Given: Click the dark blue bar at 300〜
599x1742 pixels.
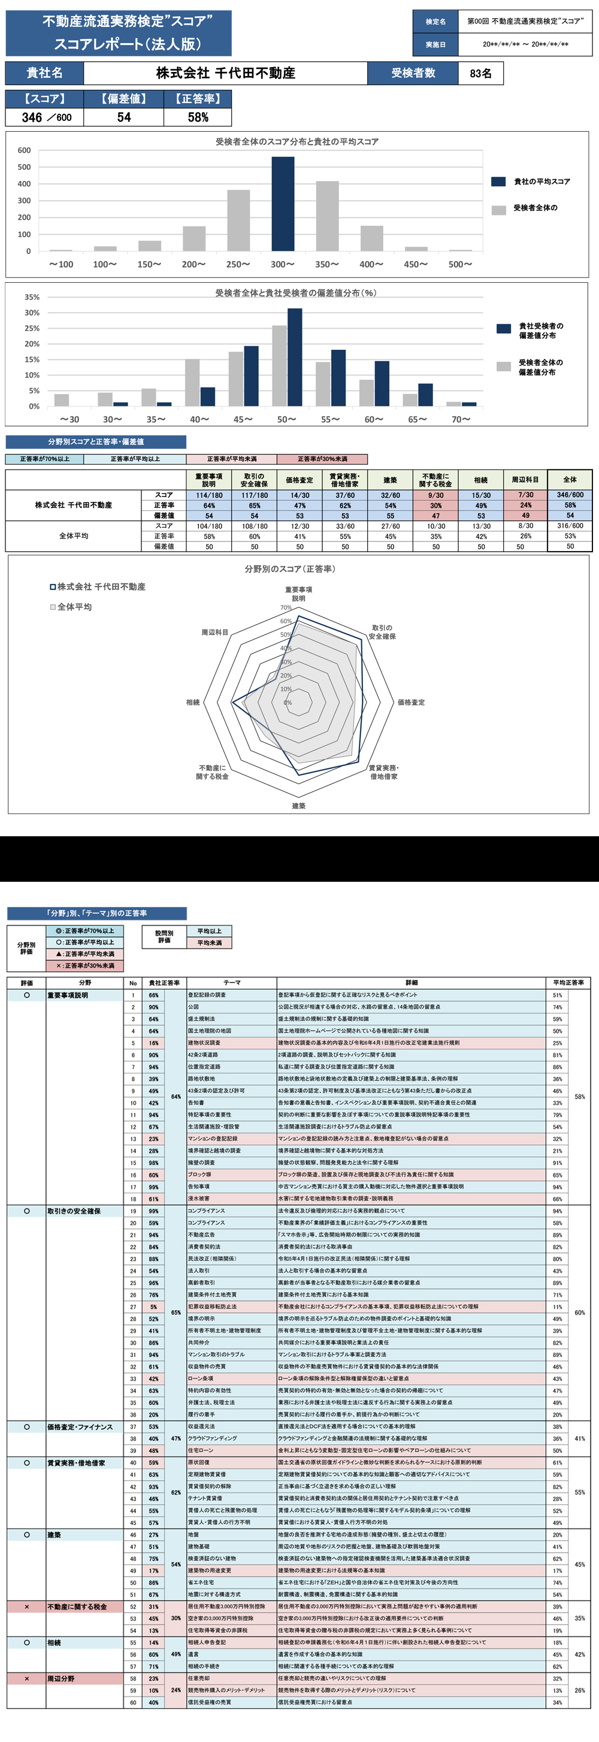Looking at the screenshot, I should tap(283, 204).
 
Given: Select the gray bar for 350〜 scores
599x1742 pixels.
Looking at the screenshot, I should tap(327, 216).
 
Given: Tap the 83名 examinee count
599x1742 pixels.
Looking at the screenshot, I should tap(480, 73).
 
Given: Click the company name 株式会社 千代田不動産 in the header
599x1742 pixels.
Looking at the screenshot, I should tap(225, 73).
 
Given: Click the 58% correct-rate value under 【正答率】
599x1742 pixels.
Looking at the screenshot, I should tap(198, 117).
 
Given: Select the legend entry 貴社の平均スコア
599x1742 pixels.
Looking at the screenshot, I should tap(541, 182).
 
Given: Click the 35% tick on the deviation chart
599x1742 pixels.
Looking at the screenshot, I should tap(32, 297).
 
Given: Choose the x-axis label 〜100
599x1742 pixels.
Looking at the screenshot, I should tap(61, 264).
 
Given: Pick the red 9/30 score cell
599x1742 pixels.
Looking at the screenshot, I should tap(436, 495).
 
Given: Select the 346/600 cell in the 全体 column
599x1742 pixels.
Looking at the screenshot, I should tap(570, 495).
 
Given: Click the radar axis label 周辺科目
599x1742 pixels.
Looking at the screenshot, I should tap(214, 633).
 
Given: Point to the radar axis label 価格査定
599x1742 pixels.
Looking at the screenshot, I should tap(411, 703).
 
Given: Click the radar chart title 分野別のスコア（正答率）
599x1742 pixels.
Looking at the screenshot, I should tap(290, 568).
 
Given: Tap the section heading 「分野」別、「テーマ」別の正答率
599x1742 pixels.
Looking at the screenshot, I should tap(96, 913).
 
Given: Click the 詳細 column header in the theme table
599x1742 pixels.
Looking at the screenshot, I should tap(411, 982).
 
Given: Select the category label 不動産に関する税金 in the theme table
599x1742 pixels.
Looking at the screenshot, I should tap(77, 1607).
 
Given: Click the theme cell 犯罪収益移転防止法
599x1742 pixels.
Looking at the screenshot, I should tap(212, 1306).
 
